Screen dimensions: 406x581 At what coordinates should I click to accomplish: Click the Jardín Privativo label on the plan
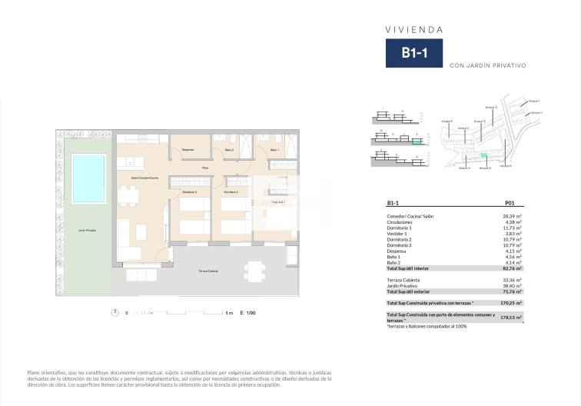click(87, 230)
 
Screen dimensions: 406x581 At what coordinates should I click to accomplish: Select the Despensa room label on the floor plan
click(188, 149)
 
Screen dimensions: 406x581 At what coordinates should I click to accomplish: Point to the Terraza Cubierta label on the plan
click(209, 272)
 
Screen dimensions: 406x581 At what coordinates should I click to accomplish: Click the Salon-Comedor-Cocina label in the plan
click(144, 178)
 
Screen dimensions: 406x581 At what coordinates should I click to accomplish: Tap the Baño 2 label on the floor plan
click(228, 149)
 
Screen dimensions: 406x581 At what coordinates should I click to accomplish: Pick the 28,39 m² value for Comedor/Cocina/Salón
click(513, 217)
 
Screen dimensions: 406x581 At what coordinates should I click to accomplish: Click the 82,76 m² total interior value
click(512, 268)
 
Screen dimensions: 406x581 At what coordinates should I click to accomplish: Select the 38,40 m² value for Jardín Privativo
click(513, 285)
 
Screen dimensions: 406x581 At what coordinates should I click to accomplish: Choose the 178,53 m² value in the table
click(511, 317)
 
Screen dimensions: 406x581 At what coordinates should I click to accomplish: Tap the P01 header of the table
click(509, 204)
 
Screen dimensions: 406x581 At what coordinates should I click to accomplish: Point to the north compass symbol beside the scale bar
click(114, 313)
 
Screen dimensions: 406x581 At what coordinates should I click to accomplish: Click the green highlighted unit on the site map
click(484, 156)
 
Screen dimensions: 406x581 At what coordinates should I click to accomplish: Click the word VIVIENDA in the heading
click(413, 30)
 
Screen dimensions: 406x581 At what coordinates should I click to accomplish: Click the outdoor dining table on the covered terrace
click(254, 271)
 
